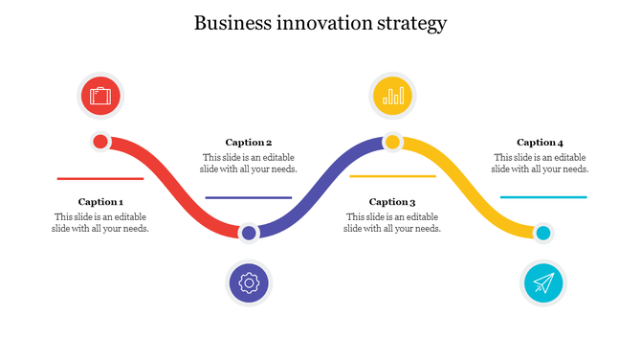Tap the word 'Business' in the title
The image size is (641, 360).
(x=230, y=23)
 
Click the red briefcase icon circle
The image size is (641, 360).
(x=100, y=96)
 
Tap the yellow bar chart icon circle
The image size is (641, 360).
(x=392, y=96)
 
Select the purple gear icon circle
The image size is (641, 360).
(x=249, y=282)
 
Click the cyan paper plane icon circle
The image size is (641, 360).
(x=543, y=282)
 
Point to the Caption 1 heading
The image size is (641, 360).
(x=100, y=202)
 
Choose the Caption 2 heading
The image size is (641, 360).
(x=249, y=143)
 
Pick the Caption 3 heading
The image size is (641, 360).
(x=392, y=202)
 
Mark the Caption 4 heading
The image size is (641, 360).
(x=541, y=143)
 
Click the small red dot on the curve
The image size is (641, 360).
(x=100, y=143)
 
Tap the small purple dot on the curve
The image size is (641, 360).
(x=249, y=233)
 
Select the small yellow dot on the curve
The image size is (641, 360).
(x=392, y=143)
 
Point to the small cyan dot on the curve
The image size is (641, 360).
(x=543, y=233)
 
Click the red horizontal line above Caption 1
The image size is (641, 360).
(x=100, y=178)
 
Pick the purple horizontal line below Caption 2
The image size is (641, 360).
(x=249, y=197)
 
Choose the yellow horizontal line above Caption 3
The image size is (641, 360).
(x=392, y=176)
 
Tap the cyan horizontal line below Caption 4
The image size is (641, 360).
(x=543, y=196)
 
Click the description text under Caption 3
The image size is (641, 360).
(x=392, y=223)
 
